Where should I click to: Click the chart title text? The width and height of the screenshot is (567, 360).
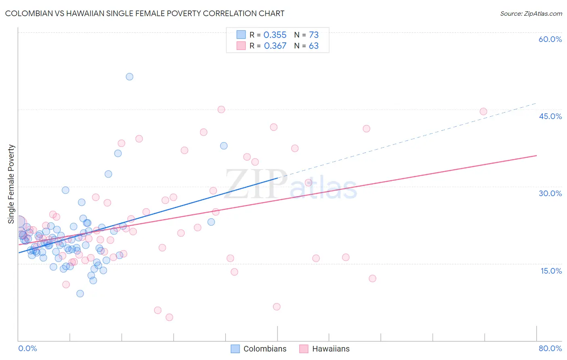pos(145,13)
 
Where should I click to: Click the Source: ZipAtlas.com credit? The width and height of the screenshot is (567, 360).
pos(531,13)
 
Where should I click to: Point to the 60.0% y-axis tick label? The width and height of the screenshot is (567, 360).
pos(550,39)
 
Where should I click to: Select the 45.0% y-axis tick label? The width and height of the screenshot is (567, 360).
pos(550,116)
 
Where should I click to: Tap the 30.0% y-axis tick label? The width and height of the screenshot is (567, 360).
pos(550,193)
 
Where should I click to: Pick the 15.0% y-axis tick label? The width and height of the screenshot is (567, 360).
pos(551,271)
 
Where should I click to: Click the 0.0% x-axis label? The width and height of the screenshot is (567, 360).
pos(27,348)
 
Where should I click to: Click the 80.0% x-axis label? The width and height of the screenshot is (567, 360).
pos(550,348)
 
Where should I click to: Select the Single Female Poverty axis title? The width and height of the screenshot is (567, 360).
pos(11,184)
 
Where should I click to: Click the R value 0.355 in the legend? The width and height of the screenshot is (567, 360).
pos(275,35)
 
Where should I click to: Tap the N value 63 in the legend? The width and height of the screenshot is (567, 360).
pos(313,46)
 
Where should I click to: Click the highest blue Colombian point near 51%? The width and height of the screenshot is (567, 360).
pos(129,77)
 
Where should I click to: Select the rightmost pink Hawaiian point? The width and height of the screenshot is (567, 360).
pos(483,111)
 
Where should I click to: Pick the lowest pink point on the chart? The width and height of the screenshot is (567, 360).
pos(169,317)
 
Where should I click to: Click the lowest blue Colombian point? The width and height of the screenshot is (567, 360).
pos(80,293)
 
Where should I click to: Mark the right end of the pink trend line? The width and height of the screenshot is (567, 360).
pos(536,155)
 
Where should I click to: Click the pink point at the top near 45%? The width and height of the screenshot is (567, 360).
pos(221,109)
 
